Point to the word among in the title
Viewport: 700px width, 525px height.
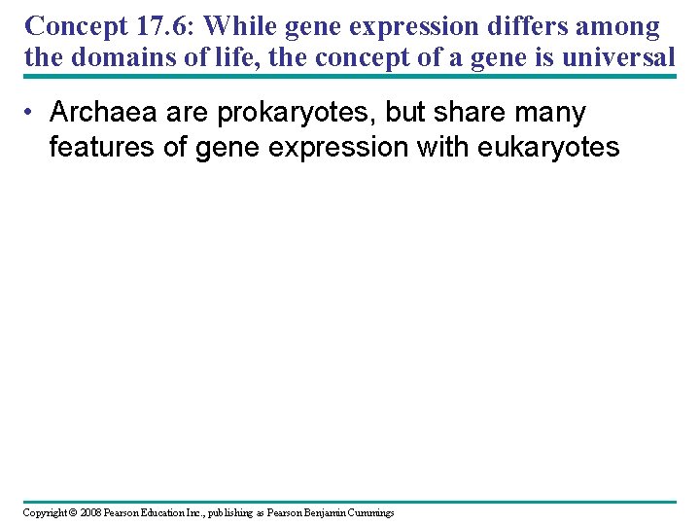point(617,26)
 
